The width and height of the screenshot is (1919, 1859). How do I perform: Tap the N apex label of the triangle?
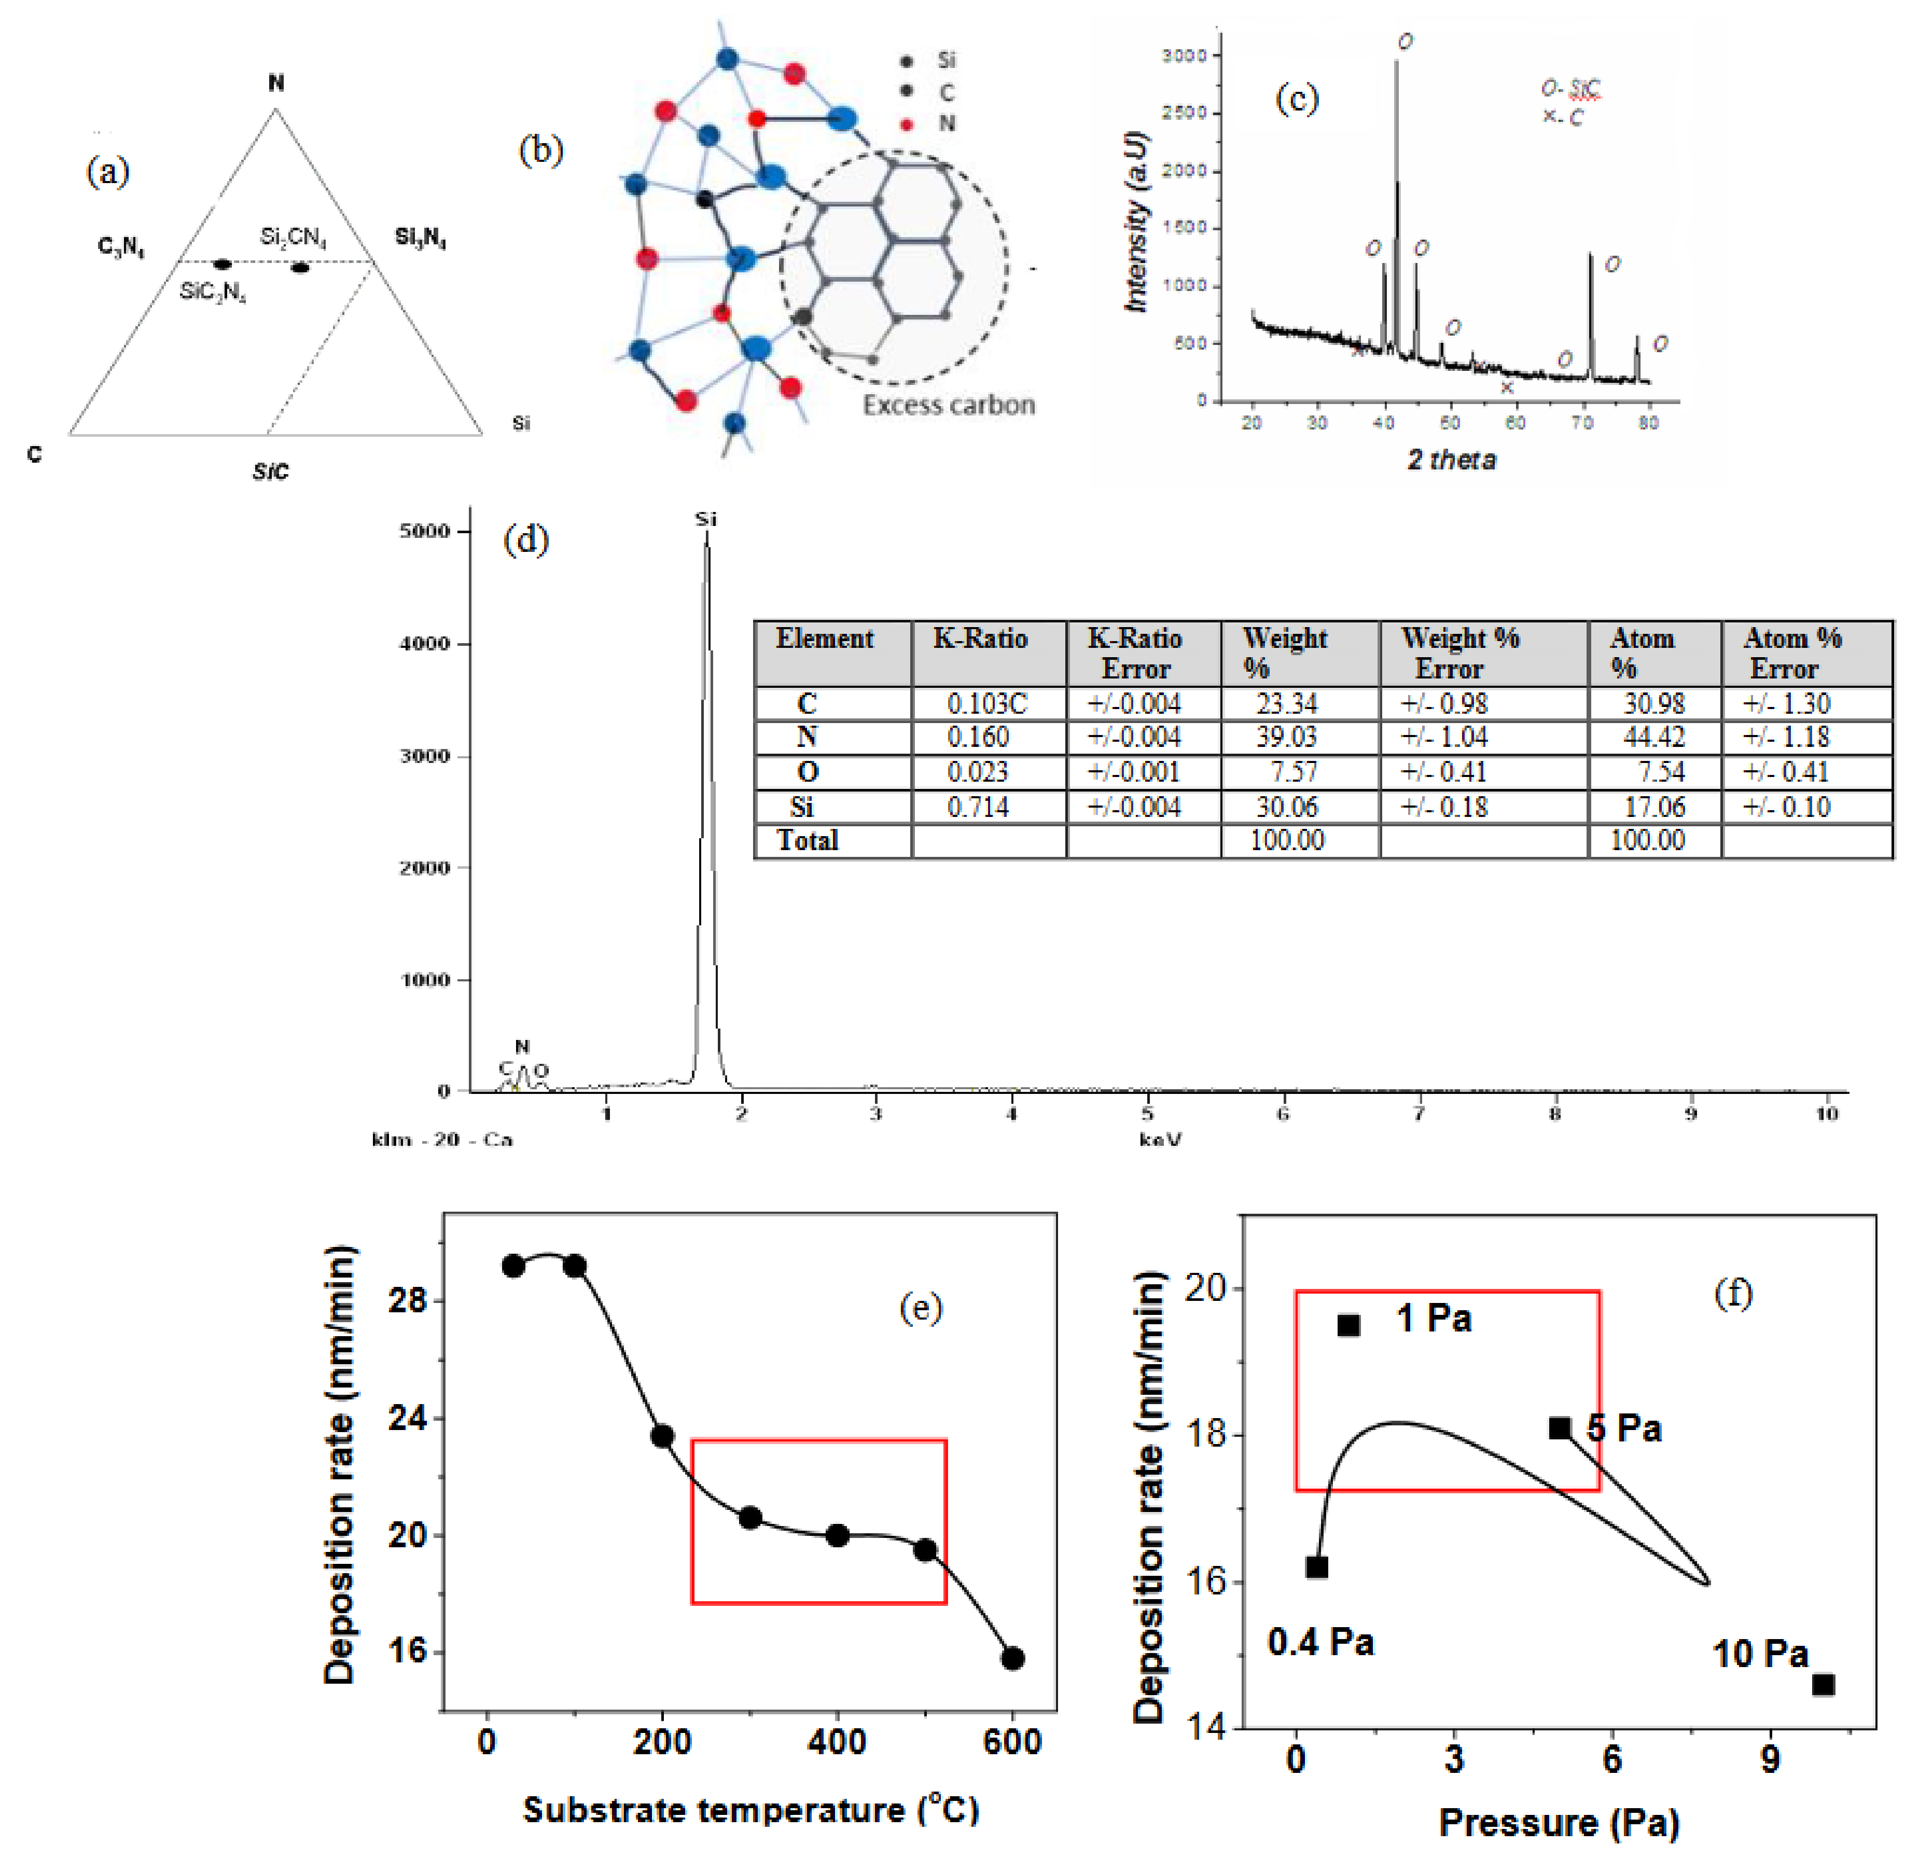[276, 83]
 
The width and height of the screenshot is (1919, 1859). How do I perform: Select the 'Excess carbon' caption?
[948, 405]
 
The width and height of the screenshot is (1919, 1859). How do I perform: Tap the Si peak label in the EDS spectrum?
[706, 519]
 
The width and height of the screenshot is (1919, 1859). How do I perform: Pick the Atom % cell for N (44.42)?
[1653, 737]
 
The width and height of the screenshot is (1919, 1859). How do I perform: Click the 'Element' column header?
[824, 639]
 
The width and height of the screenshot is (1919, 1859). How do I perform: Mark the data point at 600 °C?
[1013, 1658]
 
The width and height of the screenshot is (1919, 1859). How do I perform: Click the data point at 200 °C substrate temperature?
[662, 1436]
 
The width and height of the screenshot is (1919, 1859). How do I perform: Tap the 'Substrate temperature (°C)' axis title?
[751, 1810]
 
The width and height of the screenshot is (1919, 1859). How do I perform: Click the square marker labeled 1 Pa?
[1348, 1325]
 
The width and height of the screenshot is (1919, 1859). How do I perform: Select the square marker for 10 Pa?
[1823, 1685]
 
